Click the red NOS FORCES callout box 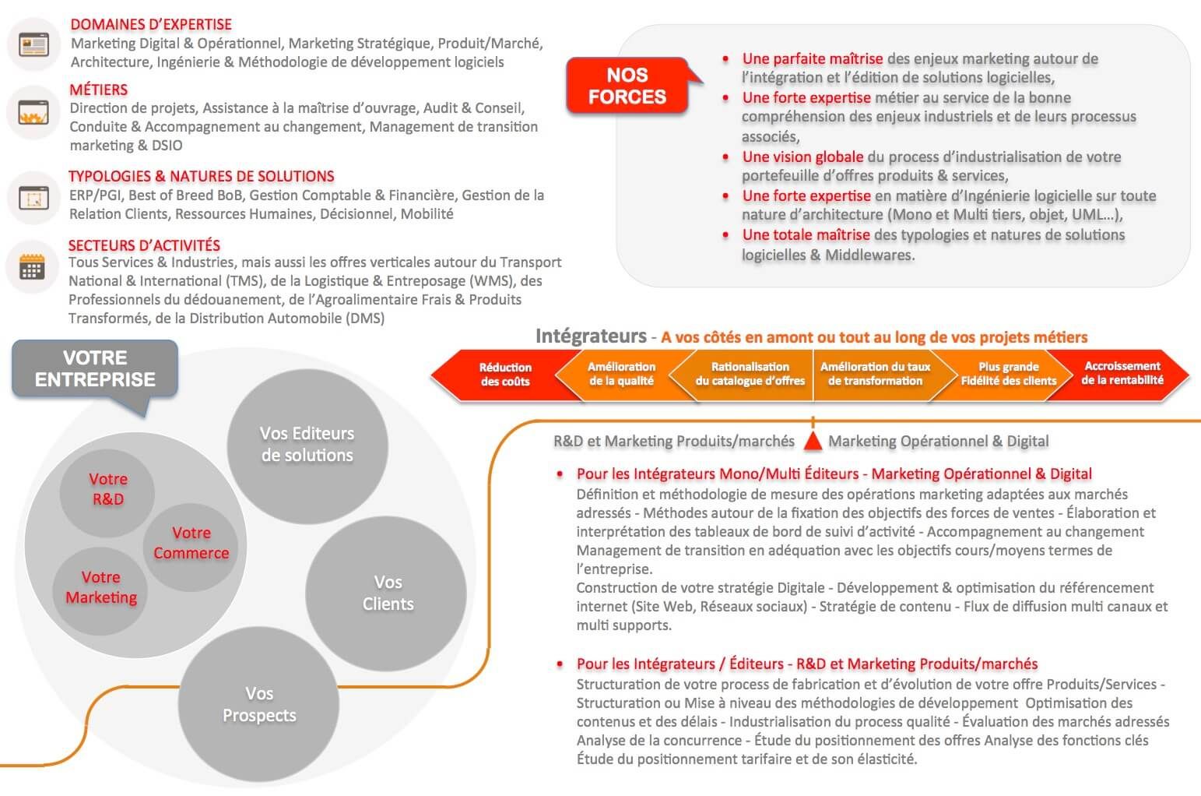(627, 86)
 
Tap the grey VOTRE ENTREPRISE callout (95, 369)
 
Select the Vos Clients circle (387, 593)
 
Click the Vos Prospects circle (259, 704)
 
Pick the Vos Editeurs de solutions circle (307, 445)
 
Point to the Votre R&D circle (107, 489)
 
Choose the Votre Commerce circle (191, 543)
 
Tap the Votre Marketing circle (100, 587)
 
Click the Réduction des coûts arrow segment (504, 375)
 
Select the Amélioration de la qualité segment (621, 374)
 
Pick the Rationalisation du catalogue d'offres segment (750, 374)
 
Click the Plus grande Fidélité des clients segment (1008, 374)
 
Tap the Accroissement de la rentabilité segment (1122, 373)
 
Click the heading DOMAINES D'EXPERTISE (151, 24)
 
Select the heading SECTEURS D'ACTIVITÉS (144, 245)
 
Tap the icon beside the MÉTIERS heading (33, 114)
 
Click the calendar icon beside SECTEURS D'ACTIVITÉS (32, 267)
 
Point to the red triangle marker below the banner (813, 442)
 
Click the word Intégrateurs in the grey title (591, 336)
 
